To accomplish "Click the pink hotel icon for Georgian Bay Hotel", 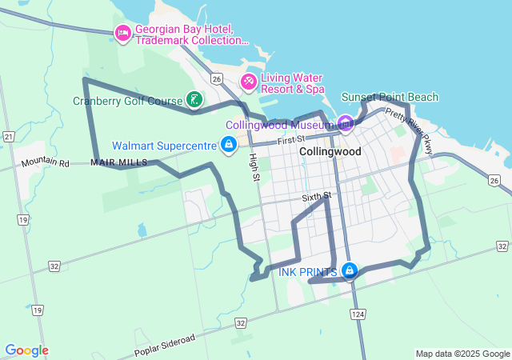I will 122,33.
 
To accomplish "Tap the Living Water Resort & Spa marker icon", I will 249,82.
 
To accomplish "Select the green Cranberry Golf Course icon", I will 194,100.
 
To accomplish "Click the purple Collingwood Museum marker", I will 345,123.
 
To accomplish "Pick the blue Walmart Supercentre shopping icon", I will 229,144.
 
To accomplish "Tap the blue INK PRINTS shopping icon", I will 349,271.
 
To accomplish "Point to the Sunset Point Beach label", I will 390,98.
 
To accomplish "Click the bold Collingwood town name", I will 330,151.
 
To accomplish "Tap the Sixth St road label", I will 317,197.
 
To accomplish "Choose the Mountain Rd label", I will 46,162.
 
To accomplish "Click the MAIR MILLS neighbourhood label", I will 119,162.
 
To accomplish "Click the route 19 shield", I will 23,219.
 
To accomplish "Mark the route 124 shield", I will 357,315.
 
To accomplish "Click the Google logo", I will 26,350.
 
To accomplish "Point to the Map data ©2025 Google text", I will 462,354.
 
